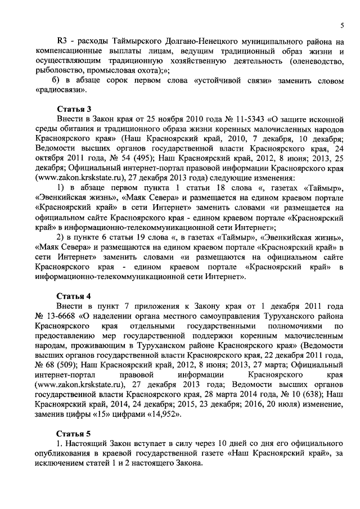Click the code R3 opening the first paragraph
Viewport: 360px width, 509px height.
tap(64, 41)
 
